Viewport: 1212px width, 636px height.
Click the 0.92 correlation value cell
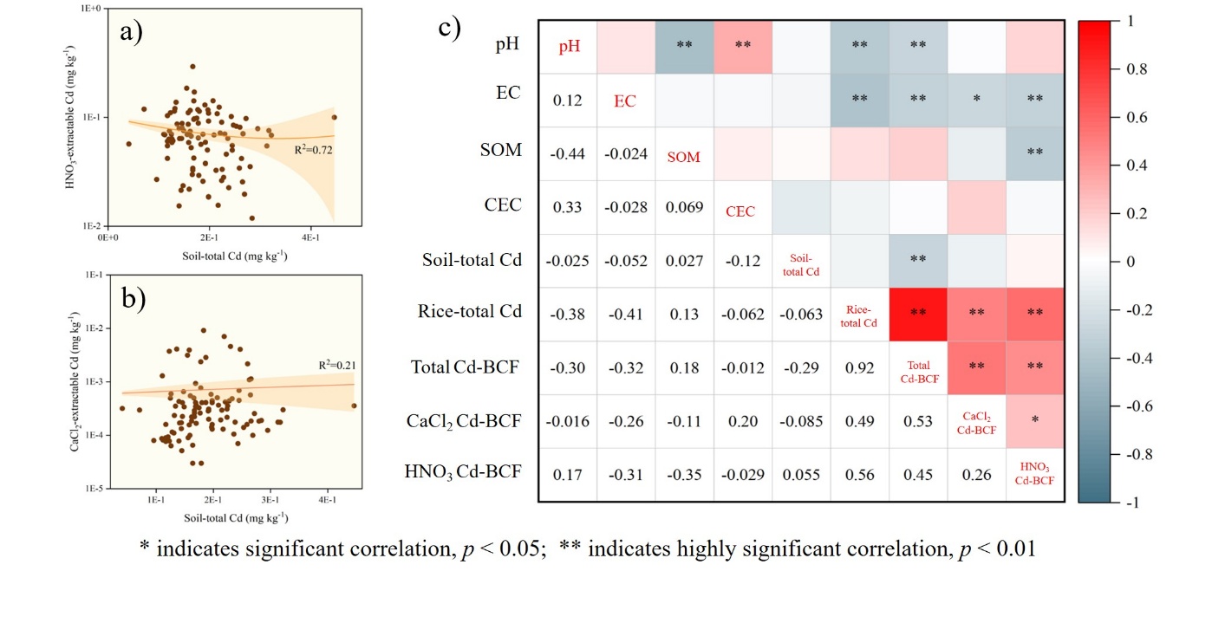[x=860, y=367]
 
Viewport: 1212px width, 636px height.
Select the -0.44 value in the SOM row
[x=568, y=153]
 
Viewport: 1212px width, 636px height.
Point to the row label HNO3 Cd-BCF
[x=464, y=472]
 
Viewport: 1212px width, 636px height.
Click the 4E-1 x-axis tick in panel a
[x=310, y=237]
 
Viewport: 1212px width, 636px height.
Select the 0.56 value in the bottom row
[x=860, y=475]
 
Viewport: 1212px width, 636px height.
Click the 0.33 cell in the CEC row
[x=568, y=208]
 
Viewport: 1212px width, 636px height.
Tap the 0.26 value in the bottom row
[x=977, y=475]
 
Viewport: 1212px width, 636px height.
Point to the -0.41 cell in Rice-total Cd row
[x=626, y=313]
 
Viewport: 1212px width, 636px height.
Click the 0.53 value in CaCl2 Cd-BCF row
[x=919, y=421]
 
